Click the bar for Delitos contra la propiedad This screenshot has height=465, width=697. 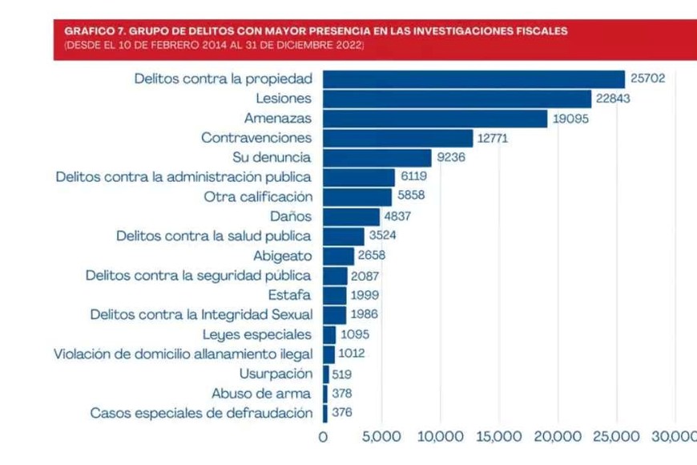point(473,79)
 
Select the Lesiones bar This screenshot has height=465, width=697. point(457,99)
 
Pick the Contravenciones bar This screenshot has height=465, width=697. point(397,138)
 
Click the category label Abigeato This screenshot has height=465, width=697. point(283,257)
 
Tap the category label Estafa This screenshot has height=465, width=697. point(290,295)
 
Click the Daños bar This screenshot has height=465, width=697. point(351,216)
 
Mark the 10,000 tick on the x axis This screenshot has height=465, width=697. point(441,437)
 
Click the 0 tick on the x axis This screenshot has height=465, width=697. point(324,437)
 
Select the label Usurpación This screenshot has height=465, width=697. point(276,374)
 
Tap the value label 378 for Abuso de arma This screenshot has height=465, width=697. point(342,394)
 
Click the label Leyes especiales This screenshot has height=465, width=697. point(257,334)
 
